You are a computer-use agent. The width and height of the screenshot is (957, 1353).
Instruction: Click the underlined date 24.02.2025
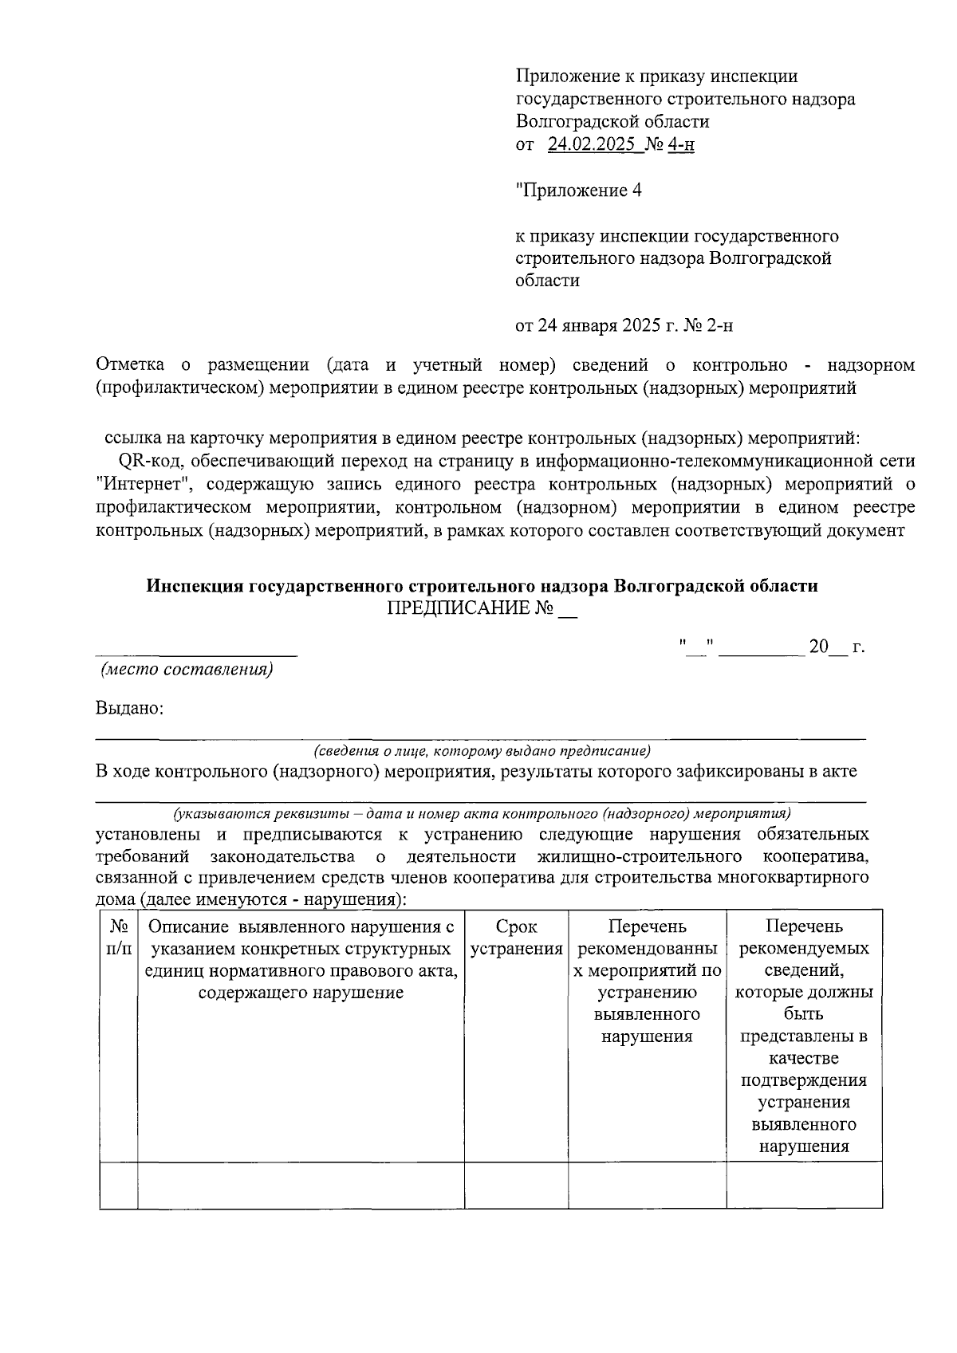point(593,145)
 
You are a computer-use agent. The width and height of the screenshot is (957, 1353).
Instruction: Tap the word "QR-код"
point(148,462)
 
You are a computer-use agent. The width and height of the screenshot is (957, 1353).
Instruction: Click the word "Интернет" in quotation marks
point(145,485)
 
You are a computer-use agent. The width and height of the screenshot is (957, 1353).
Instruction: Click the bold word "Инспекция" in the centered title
point(195,586)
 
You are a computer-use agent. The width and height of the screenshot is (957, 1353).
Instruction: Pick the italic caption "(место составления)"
point(187,670)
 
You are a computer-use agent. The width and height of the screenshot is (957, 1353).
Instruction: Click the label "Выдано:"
point(129,708)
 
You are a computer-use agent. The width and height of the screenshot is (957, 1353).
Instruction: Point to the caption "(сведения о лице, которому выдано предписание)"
point(482,751)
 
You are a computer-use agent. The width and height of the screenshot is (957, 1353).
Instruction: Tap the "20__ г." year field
point(836,647)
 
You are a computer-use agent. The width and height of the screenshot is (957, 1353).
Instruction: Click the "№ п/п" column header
point(119,938)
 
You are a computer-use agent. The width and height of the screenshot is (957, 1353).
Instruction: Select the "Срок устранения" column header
point(516,938)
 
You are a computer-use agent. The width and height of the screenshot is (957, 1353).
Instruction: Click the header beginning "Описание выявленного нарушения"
point(301,960)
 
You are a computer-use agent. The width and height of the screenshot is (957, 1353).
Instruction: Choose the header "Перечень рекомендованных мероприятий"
point(647,981)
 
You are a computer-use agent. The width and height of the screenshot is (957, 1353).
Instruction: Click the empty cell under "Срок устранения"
point(516,1185)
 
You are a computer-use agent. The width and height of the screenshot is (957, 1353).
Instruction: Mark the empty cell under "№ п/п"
point(119,1185)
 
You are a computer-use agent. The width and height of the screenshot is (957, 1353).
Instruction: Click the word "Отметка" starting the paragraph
point(130,365)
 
